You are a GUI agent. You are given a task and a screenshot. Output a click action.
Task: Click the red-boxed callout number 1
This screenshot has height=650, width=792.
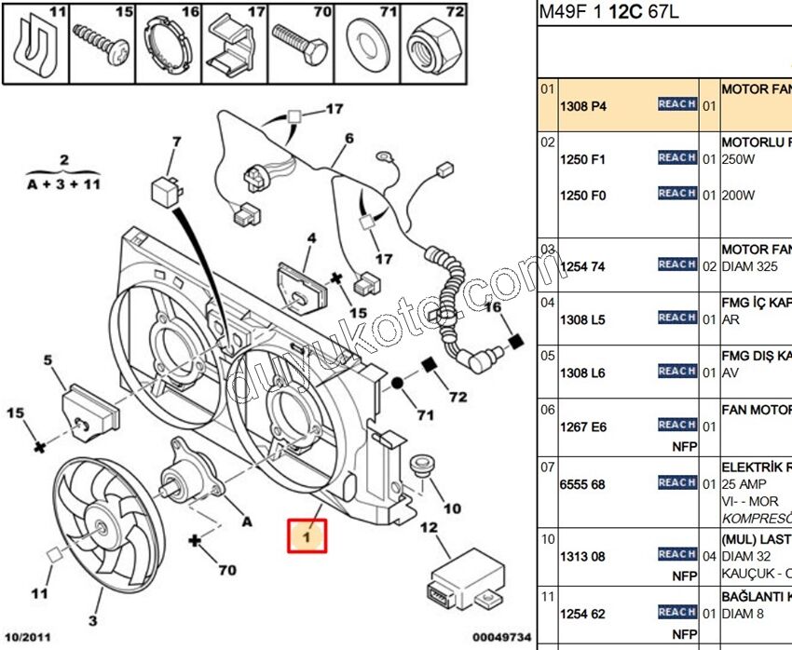coord(307,535)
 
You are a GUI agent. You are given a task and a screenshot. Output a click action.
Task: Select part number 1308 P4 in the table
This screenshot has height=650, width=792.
coord(582,106)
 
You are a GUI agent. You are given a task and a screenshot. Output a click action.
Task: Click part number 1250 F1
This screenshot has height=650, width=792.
coord(582,159)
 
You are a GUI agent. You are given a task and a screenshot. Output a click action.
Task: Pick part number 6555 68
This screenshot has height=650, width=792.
coord(582,484)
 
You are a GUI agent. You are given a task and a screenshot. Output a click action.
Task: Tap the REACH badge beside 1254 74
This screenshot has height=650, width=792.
coord(677,264)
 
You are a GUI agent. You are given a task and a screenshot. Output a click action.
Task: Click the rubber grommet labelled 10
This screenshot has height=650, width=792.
coord(425,466)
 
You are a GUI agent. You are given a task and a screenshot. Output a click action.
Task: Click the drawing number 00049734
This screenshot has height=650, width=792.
coord(500,637)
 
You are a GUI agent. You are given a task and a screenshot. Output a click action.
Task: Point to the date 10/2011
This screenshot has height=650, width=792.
coord(29,637)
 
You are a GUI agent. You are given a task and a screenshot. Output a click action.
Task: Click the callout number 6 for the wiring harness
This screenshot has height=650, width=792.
coord(348,139)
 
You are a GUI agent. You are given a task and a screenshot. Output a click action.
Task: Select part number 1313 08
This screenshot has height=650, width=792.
coord(582,556)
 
